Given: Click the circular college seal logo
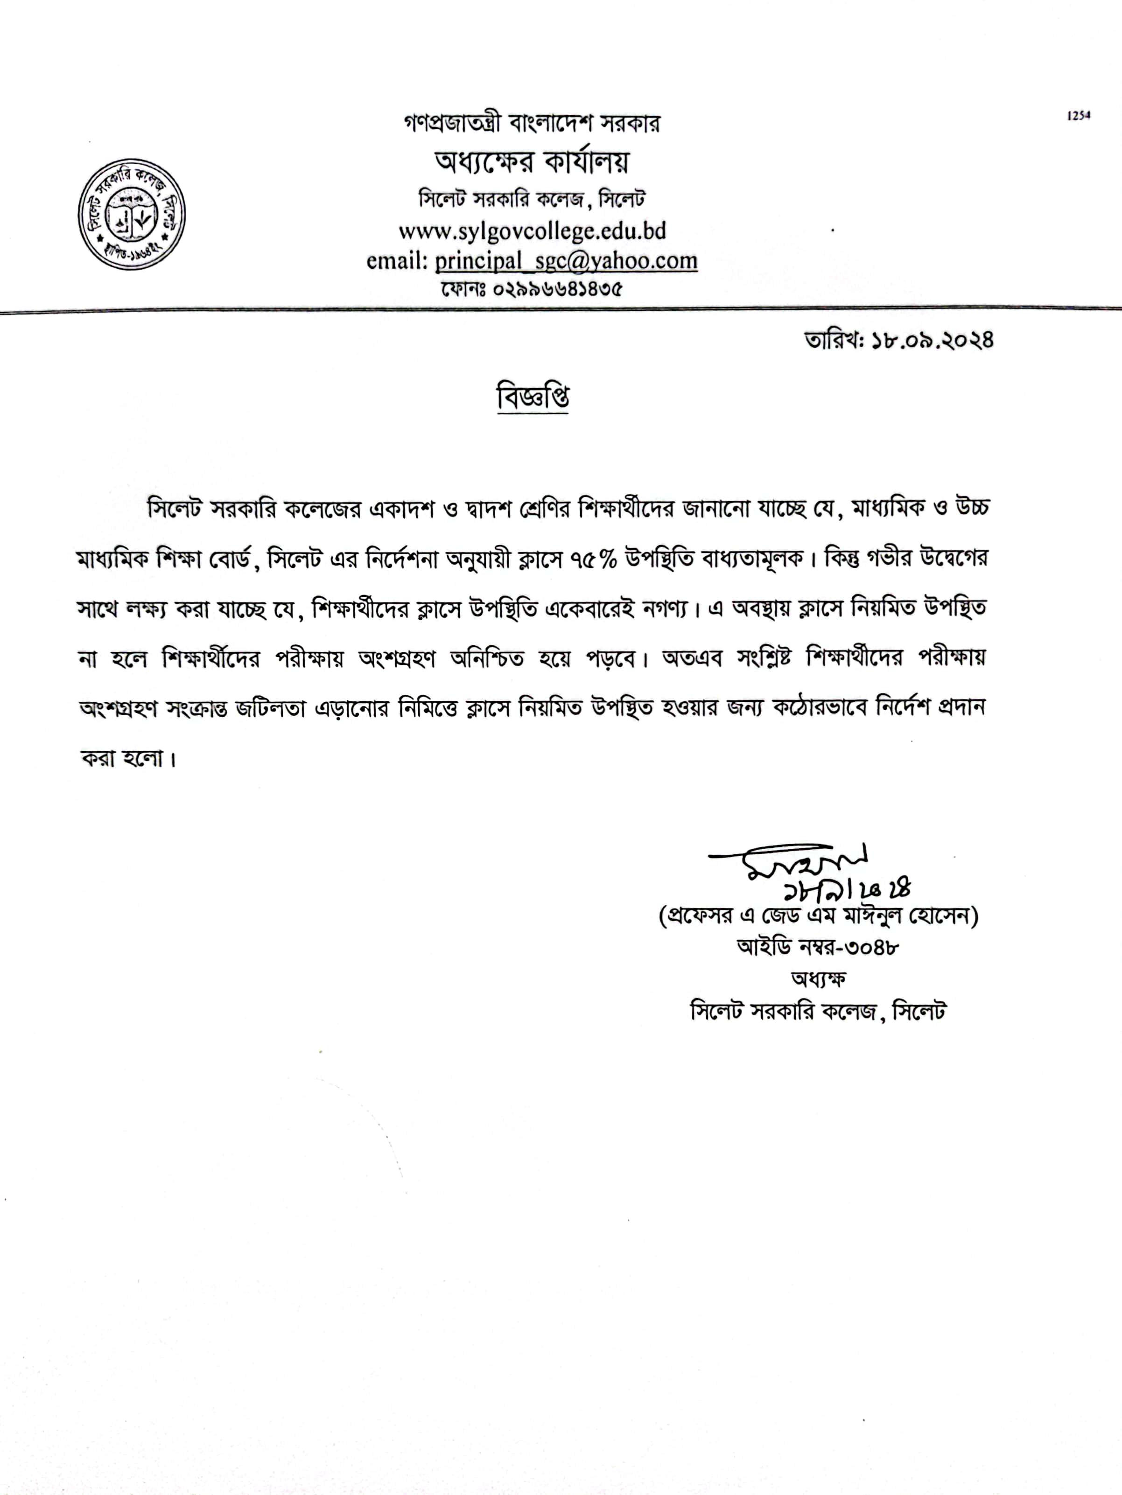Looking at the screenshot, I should pos(132,214).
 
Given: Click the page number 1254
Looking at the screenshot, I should pos(1079,116).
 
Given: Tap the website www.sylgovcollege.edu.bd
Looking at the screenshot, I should pos(532,231).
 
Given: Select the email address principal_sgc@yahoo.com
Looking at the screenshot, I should pos(566,261).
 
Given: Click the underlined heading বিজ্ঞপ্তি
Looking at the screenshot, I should pos(533,397).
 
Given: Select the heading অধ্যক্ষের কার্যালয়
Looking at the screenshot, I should pos(532,161).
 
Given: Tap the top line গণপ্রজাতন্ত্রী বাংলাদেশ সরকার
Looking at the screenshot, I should pos(532,124).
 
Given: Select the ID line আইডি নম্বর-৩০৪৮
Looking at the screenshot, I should pos(818,947).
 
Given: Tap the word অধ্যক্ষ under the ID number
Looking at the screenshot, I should pos(818,978).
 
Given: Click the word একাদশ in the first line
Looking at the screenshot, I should pos(401,508).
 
